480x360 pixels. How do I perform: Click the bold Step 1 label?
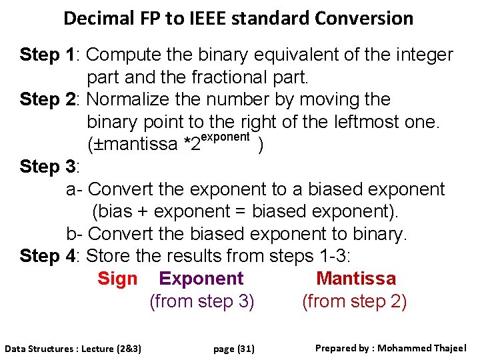(x=48, y=55)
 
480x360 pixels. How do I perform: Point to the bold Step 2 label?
(x=48, y=99)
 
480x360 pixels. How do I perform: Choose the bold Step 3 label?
(x=48, y=167)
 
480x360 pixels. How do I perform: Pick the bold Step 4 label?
(x=48, y=255)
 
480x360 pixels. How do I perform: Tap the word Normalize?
(x=129, y=99)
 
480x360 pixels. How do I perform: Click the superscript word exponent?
(x=225, y=137)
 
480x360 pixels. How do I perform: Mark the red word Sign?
(x=117, y=279)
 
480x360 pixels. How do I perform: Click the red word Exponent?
(x=202, y=279)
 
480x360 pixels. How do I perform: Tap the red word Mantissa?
(x=356, y=279)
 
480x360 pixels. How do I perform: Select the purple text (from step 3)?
(x=202, y=301)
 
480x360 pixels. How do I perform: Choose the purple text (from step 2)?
(x=355, y=301)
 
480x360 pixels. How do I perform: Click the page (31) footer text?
(x=234, y=349)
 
